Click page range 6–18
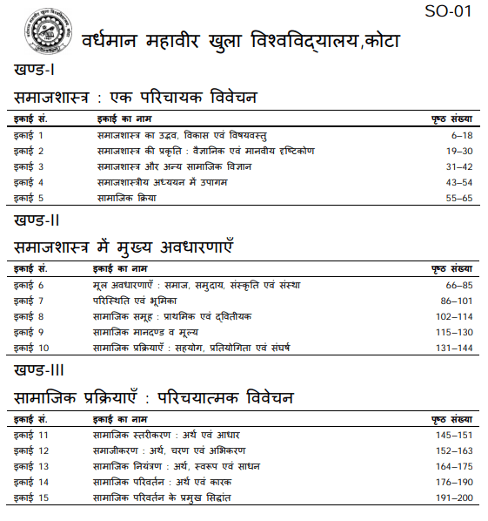coord(461,136)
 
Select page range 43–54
coord(458,182)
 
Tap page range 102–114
coord(454,317)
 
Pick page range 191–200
coord(454,497)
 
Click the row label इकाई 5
coord(29,198)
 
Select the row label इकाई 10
coord(31,348)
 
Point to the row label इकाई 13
coord(31,466)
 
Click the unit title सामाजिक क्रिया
coord(125,198)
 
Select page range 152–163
coord(454,450)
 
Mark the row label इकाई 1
coord(29,136)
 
